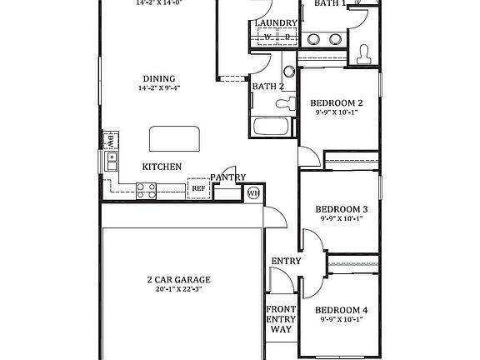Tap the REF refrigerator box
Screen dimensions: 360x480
198,189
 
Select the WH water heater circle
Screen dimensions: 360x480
253,193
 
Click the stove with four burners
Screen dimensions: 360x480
147,192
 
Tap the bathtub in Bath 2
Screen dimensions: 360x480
271,127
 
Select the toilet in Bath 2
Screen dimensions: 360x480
286,103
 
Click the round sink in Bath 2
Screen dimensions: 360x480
288,72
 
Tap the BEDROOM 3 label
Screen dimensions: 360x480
341,209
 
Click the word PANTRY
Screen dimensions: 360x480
227,177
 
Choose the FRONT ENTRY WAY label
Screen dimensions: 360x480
281,318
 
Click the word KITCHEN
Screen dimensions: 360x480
162,167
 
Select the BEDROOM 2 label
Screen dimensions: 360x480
337,103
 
